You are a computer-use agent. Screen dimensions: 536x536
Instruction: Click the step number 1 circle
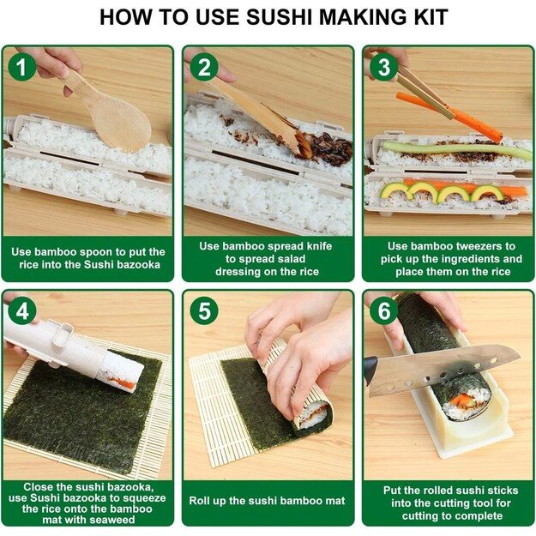tap(22, 67)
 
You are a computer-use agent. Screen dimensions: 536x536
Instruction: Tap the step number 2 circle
tap(203, 67)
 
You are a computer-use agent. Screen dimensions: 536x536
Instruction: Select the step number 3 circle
tap(383, 67)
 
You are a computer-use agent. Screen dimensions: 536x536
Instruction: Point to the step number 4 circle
tap(22, 311)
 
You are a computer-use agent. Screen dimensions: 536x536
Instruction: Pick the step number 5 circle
tap(203, 311)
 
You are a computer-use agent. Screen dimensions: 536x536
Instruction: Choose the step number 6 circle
tap(383, 311)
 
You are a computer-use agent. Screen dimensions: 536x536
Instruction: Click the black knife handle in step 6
tap(370, 370)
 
